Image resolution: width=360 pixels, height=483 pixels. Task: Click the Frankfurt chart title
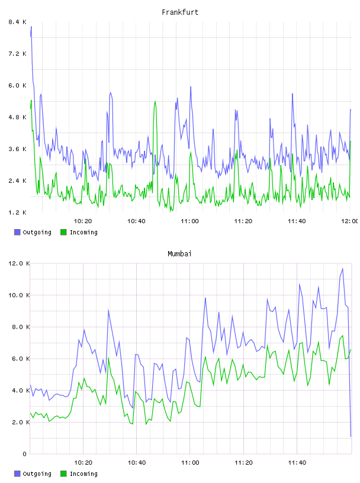click(x=180, y=12)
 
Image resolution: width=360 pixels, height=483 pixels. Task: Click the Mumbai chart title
click(x=179, y=254)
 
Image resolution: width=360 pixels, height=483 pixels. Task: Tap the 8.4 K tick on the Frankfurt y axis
click(x=17, y=22)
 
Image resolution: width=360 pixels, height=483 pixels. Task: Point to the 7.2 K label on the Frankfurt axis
click(x=17, y=54)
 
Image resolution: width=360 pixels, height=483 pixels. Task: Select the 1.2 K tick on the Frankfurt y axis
click(x=17, y=212)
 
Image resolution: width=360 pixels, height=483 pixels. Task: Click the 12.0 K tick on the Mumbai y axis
click(x=19, y=263)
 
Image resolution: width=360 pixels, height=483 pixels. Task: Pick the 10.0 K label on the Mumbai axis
click(x=19, y=295)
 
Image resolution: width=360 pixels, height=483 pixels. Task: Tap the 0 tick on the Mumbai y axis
click(x=24, y=454)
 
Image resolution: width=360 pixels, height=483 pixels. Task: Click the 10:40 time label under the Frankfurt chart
click(x=136, y=221)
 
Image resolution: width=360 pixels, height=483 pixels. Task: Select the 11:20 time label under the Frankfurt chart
click(x=243, y=221)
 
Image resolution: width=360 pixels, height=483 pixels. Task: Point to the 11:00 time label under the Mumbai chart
click(x=190, y=463)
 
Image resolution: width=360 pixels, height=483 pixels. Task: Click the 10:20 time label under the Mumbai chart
click(x=83, y=463)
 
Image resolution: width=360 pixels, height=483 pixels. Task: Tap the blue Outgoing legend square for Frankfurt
click(x=17, y=232)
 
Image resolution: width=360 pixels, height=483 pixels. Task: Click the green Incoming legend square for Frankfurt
click(x=63, y=232)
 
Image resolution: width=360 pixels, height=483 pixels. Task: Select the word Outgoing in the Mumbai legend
click(x=37, y=474)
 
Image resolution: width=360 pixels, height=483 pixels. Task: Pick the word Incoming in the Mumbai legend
click(x=84, y=474)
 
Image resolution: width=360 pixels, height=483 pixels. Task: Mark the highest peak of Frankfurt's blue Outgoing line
click(x=31, y=27)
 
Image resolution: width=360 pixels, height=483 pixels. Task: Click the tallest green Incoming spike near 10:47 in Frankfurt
click(x=155, y=101)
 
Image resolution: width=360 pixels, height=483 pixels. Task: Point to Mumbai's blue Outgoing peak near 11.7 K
click(x=343, y=269)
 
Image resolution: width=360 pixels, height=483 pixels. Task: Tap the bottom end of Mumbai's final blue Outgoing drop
click(x=351, y=436)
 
